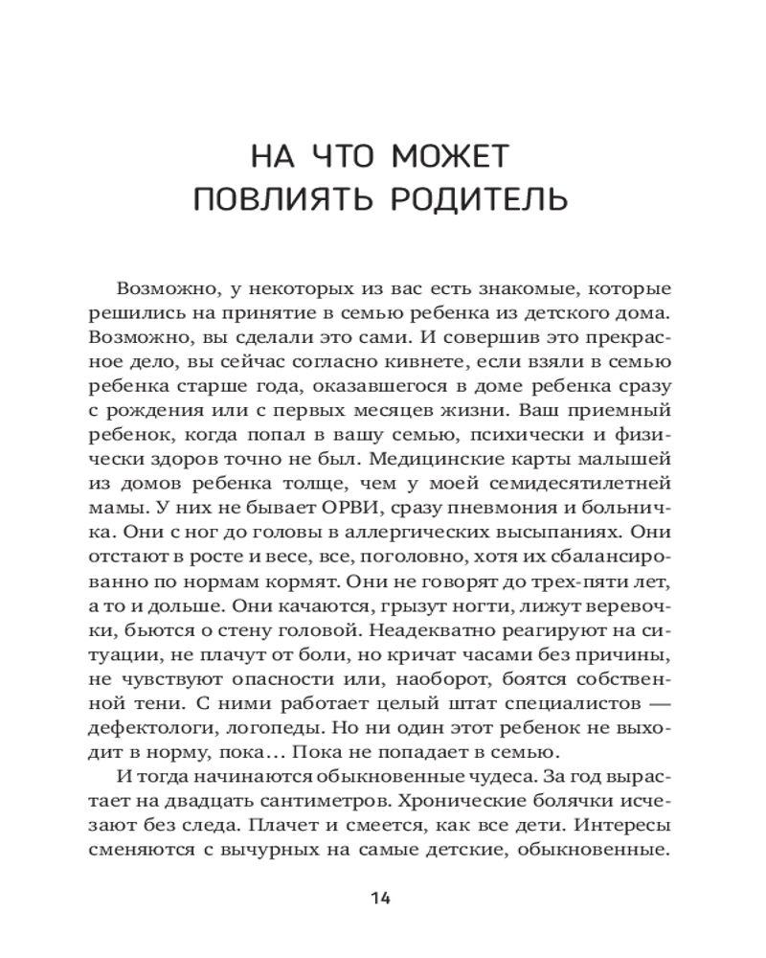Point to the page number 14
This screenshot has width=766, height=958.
[382, 898]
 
